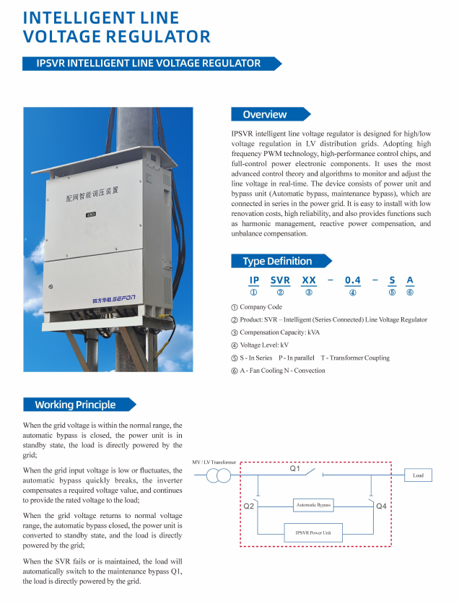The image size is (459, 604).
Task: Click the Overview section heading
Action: click(265, 114)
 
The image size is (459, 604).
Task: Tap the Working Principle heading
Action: click(75, 405)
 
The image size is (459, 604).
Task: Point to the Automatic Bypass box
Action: click(313, 504)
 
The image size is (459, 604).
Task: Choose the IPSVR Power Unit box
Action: click(313, 532)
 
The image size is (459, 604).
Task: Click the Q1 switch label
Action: click(295, 469)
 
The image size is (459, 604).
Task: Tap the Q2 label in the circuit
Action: click(248, 506)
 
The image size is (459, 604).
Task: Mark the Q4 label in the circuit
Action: click(382, 506)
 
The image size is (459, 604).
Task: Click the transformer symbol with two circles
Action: click(219, 475)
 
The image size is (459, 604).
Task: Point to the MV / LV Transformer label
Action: click(214, 462)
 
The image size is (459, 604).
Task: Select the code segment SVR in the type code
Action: click(280, 280)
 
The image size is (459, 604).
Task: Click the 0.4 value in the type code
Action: click(352, 280)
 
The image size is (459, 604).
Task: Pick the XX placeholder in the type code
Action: click(309, 280)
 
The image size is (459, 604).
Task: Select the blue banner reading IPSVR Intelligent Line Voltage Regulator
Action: click(149, 64)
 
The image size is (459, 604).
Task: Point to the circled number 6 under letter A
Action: click(410, 292)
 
